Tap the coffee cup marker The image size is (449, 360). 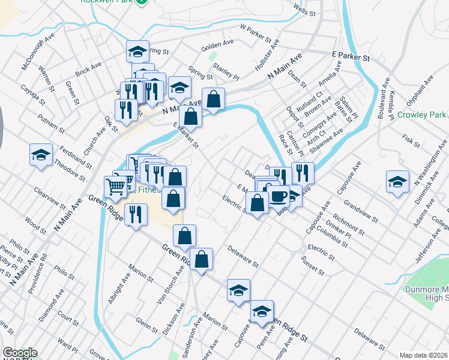279,196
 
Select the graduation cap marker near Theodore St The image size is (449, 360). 41,155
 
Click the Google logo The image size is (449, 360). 19,353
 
